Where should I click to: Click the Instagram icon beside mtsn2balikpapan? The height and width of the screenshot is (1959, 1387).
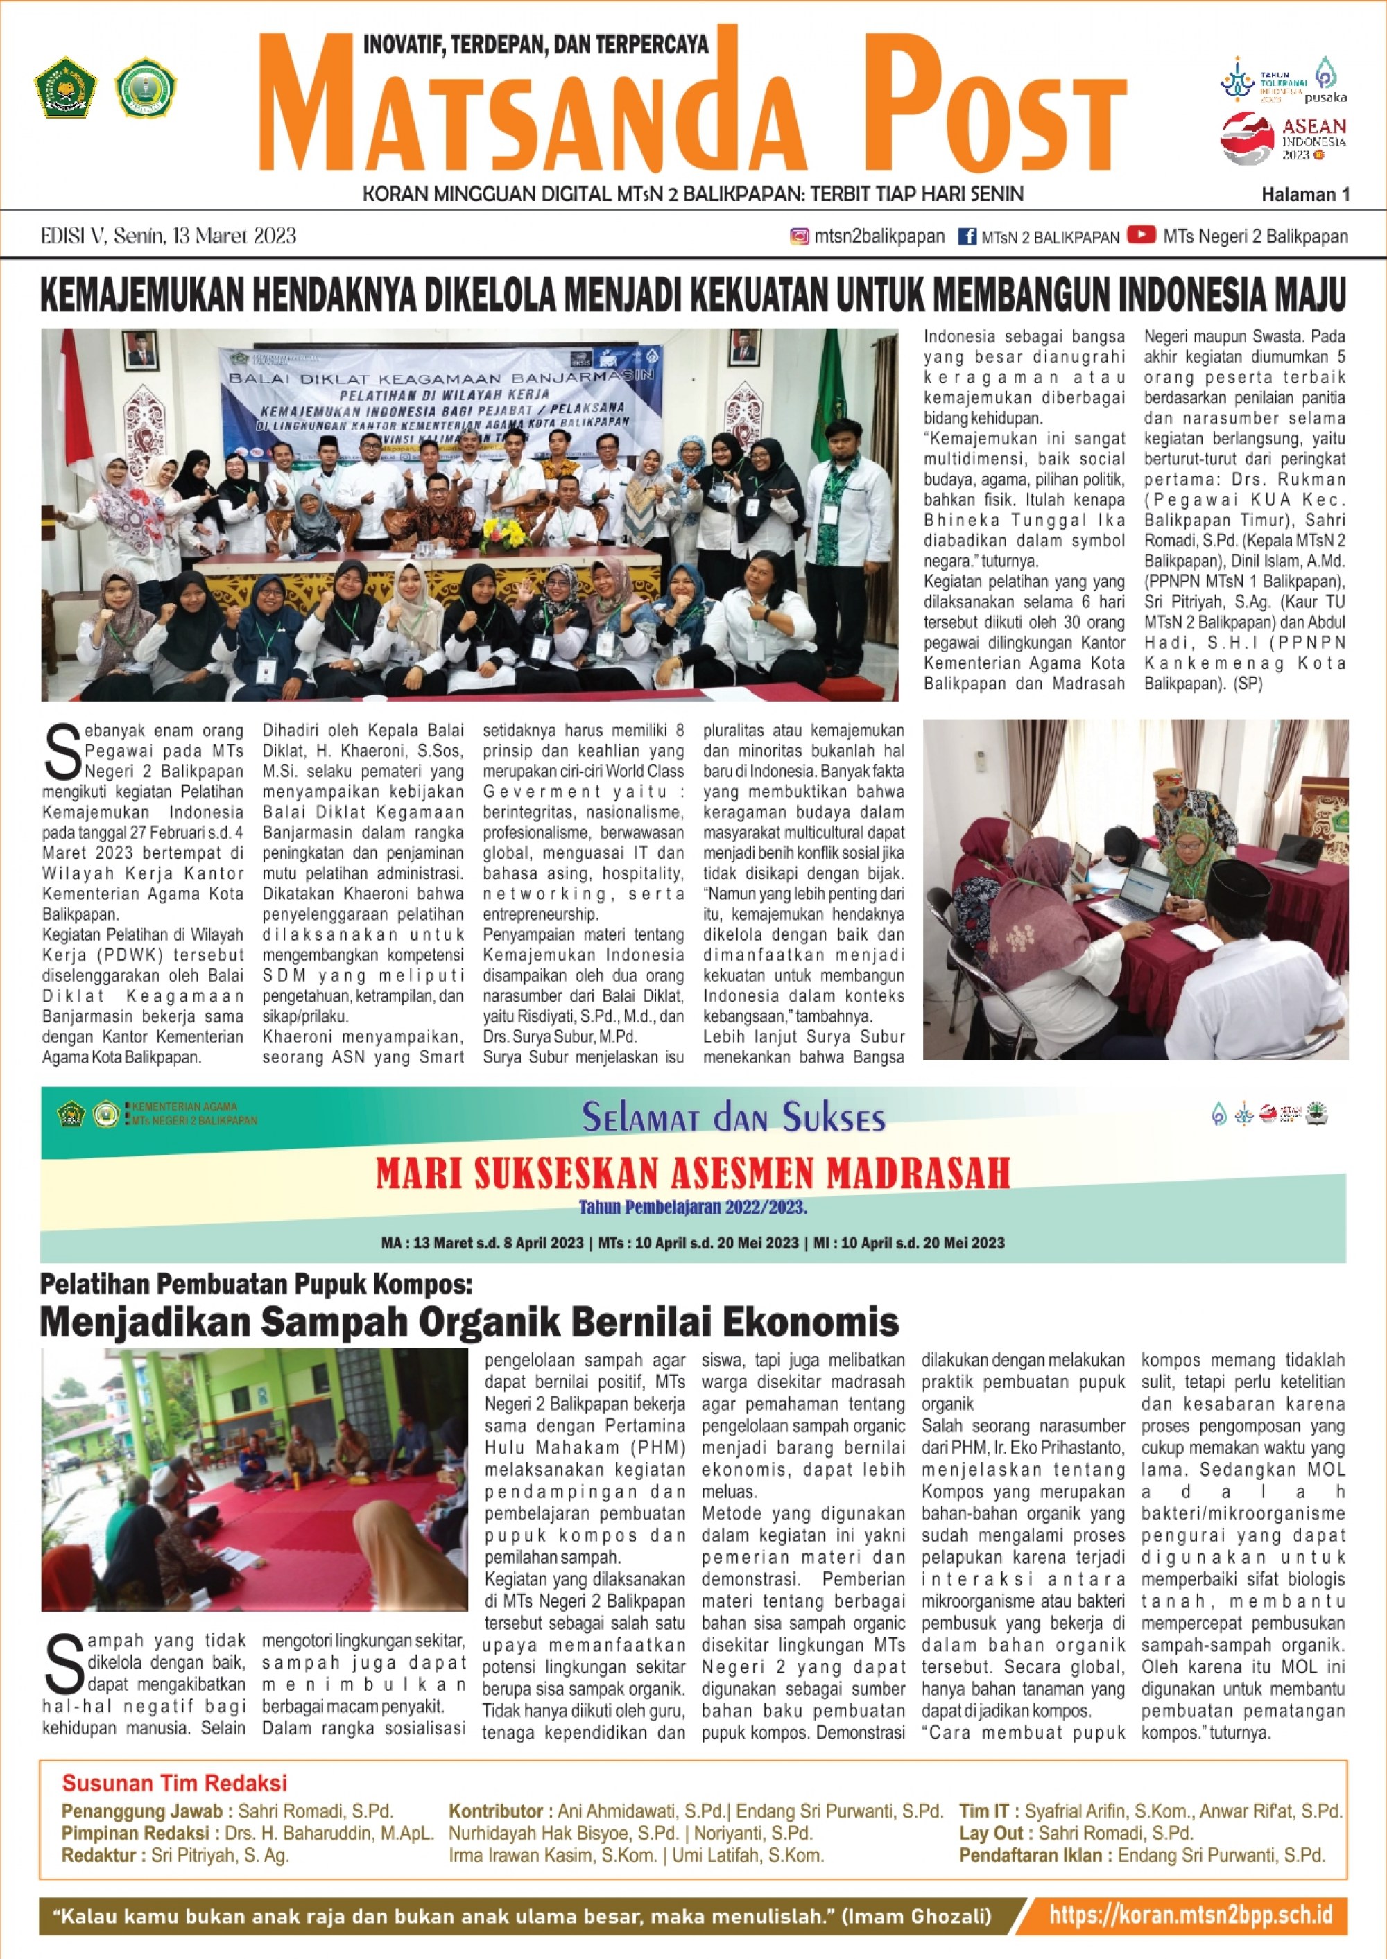(800, 236)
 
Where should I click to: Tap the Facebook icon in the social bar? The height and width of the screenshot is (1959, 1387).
(967, 236)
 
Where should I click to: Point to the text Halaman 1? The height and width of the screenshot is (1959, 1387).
(1305, 195)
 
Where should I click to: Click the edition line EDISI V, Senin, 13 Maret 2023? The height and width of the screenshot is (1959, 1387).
(169, 236)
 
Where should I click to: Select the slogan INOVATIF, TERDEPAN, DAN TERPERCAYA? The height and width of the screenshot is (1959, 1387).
(536, 44)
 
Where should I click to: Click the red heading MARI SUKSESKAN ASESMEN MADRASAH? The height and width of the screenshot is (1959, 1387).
(693, 1174)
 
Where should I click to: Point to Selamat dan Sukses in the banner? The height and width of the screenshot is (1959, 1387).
(734, 1117)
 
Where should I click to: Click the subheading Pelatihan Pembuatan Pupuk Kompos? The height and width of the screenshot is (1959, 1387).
(255, 1284)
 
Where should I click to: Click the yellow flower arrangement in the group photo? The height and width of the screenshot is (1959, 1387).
(505, 534)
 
